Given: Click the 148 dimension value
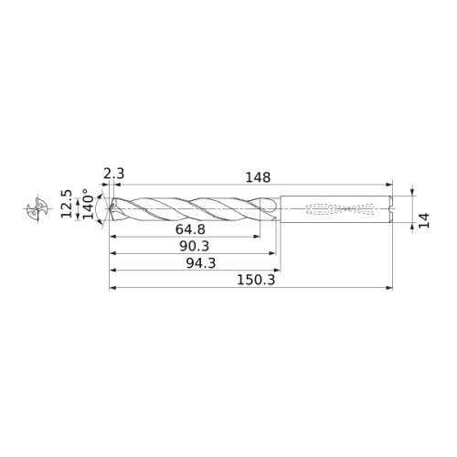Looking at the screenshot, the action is pos(258,177).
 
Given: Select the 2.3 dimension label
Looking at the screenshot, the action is pos(114,174).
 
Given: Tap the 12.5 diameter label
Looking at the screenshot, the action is pos(66,204).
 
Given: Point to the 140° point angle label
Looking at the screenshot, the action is pos(88,204).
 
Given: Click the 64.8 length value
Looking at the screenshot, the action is pos(190,229).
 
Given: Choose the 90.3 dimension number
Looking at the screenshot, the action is pos(195,246).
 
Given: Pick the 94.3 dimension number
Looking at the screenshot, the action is pos(201,263).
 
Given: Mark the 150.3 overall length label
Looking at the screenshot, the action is pos(256,280).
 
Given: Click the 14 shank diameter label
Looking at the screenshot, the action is pos(424,220).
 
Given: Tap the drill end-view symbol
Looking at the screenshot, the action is pos(37,209).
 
